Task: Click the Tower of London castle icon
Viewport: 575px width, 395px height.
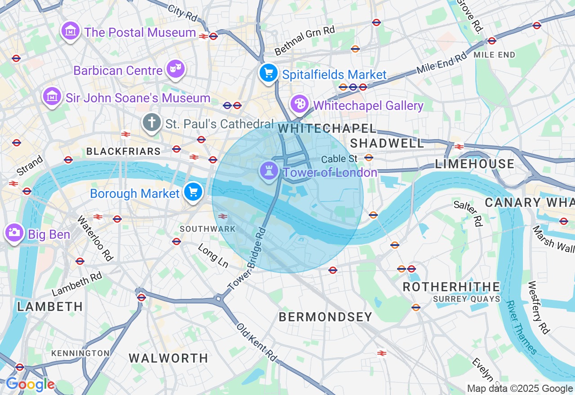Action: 269,171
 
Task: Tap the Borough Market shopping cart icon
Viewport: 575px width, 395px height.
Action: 193,192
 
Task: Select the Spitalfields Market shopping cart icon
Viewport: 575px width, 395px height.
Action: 268,72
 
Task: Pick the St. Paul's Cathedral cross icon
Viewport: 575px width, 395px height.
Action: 152,122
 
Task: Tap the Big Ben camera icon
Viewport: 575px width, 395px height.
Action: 14,232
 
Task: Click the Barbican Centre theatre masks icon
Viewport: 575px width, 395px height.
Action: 175,69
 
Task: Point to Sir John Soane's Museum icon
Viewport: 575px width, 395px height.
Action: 52,96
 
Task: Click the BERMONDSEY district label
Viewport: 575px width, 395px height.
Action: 325,317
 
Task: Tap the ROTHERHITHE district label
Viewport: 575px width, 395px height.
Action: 451,287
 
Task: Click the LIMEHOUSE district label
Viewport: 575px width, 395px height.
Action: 475,164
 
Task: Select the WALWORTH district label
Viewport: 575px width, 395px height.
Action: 168,358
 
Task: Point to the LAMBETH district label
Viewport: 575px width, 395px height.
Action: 50,307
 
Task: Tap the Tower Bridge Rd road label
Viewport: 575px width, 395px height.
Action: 247,259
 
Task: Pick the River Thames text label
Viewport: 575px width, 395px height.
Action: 521,327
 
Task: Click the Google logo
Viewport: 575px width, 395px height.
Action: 30,385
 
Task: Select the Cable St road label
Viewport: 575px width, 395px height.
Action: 339,159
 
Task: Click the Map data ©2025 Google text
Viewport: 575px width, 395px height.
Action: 520,389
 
